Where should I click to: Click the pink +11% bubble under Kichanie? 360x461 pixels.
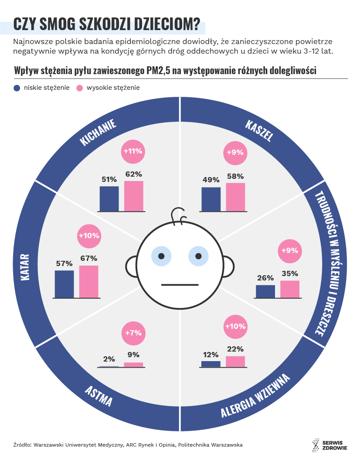(133, 151)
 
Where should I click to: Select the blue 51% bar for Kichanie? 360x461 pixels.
(109, 199)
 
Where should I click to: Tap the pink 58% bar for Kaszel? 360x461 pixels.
(235, 197)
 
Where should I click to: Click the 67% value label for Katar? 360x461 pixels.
(88, 258)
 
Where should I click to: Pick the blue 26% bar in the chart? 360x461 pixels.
(265, 291)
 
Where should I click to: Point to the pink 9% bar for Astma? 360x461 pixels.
(133, 365)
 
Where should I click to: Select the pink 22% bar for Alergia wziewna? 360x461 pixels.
(235, 362)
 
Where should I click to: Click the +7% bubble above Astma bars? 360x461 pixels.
(133, 333)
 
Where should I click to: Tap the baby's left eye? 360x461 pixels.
(161, 256)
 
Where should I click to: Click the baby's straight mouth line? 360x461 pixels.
(180, 285)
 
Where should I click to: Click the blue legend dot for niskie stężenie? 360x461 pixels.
(17, 88)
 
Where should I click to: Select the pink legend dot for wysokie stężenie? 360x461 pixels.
(80, 88)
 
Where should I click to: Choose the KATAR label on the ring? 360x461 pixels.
(25, 267)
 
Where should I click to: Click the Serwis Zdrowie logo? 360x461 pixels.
(329, 445)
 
